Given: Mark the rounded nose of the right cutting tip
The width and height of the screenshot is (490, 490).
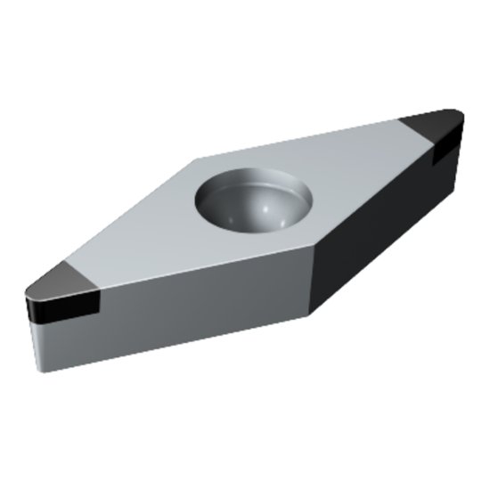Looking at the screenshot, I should [456, 116].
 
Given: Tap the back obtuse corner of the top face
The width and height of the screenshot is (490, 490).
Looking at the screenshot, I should [198, 159].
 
